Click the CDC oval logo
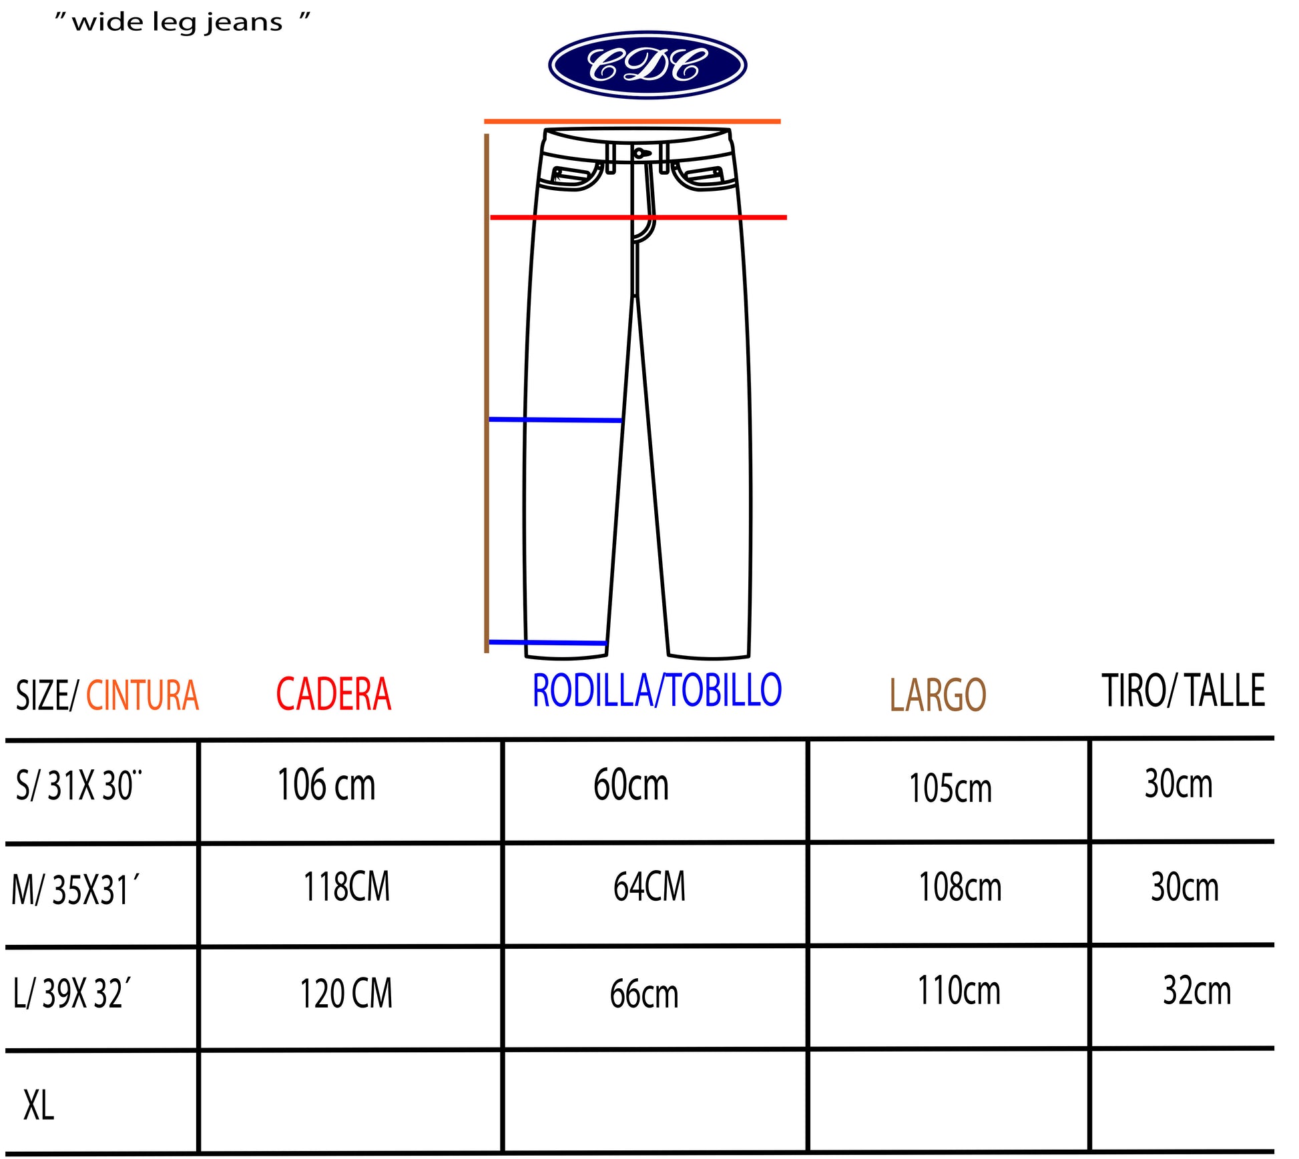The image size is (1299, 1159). (647, 65)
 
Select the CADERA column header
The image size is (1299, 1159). (333, 694)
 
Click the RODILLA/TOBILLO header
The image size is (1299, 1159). (657, 690)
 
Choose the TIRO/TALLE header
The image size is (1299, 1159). (1183, 691)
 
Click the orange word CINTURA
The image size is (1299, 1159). (142, 695)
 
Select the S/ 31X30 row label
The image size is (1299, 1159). (79, 785)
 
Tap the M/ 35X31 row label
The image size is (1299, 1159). (75, 890)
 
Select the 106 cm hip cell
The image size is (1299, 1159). (326, 785)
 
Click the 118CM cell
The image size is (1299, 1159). (346, 887)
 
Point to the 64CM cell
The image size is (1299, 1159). (649, 887)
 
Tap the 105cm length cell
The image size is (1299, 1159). (950, 788)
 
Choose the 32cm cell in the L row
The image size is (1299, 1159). (1196, 990)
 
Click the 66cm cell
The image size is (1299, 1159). (643, 994)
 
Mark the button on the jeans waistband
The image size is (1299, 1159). (639, 153)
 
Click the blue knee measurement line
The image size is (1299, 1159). (555, 420)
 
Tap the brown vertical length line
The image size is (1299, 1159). (487, 394)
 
